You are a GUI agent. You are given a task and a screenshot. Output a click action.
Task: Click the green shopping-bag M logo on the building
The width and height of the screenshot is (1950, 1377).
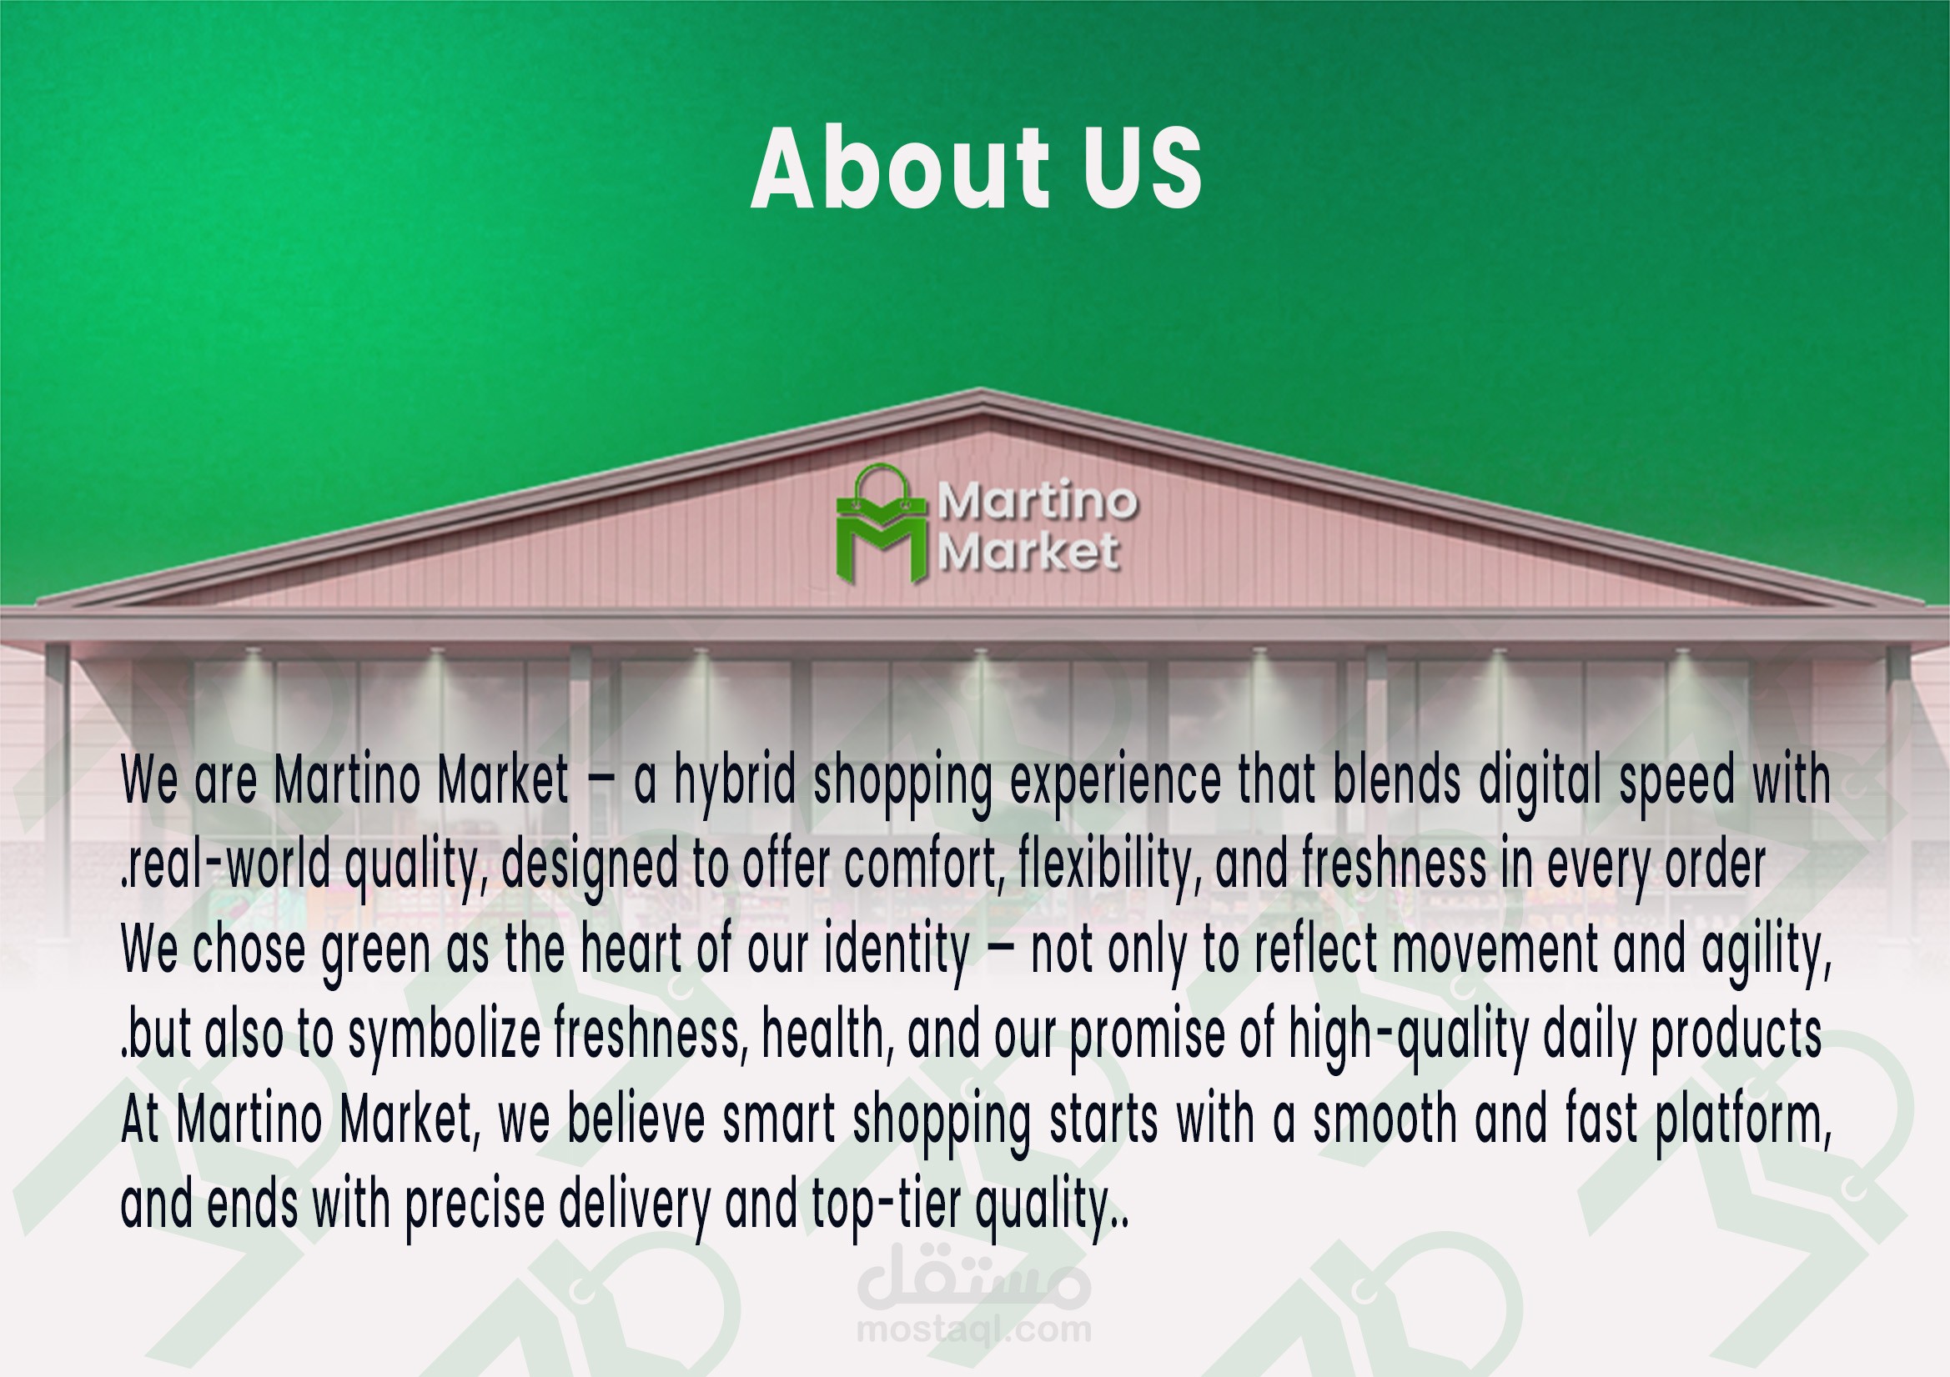coord(882,523)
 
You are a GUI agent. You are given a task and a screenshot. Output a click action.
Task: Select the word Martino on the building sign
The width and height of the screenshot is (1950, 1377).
coord(1037,501)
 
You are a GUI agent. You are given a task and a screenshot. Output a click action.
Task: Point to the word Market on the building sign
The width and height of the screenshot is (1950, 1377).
coord(1028,552)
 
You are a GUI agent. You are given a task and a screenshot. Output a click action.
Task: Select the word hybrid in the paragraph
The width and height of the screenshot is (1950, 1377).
coord(735,781)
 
